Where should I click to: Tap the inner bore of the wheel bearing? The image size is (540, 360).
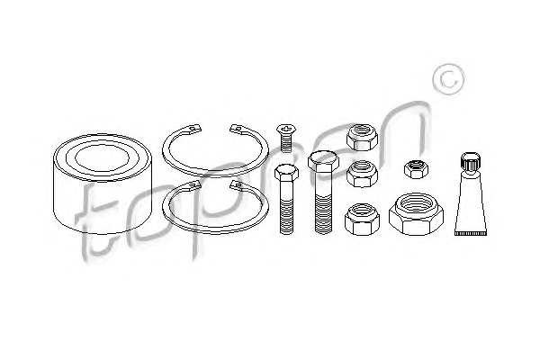(x=102, y=158)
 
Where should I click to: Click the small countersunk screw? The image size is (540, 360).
(x=286, y=138)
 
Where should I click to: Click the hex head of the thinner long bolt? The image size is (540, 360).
(x=286, y=173)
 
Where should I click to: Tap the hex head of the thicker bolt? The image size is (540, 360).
(x=323, y=162)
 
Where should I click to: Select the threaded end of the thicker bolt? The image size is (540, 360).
(x=324, y=212)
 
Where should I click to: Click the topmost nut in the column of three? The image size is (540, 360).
(x=362, y=138)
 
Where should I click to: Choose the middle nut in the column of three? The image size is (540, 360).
(x=362, y=174)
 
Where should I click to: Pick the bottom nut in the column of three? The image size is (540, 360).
(x=362, y=220)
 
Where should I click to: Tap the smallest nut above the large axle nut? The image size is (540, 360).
(x=416, y=169)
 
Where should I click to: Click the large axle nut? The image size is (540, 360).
(x=416, y=214)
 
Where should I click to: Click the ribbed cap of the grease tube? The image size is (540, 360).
(x=471, y=161)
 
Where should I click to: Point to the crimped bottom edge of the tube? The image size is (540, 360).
(x=471, y=233)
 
